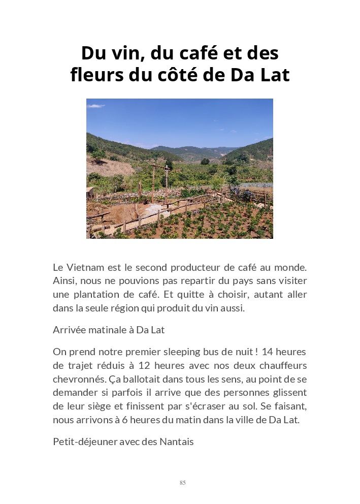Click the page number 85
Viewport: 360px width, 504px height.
click(182, 483)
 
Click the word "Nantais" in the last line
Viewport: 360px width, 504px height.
click(177, 442)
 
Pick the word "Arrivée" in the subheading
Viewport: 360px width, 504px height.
click(69, 330)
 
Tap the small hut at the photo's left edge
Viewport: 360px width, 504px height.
click(90, 192)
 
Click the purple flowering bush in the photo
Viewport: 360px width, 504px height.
click(247, 194)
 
